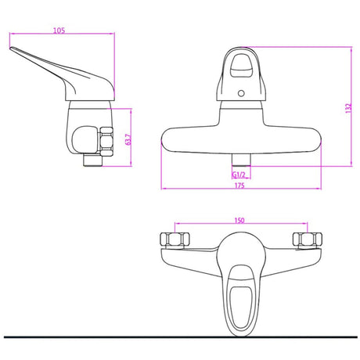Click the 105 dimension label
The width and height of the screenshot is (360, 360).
click(x=59, y=31)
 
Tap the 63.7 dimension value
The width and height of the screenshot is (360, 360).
click(x=128, y=139)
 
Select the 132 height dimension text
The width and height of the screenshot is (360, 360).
click(x=348, y=108)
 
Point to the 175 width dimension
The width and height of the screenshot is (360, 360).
click(x=239, y=185)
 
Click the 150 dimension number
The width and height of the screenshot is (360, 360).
click(x=239, y=221)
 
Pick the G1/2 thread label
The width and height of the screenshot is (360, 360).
click(x=239, y=175)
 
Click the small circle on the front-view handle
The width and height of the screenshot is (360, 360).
click(x=241, y=93)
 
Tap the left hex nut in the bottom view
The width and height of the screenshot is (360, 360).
click(x=175, y=239)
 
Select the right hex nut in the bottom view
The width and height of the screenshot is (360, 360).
click(x=308, y=239)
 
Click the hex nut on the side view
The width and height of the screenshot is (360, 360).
click(x=106, y=142)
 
